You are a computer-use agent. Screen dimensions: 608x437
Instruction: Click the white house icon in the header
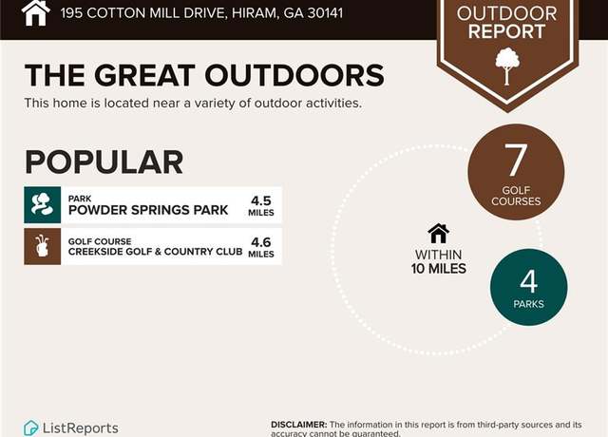pos(36,12)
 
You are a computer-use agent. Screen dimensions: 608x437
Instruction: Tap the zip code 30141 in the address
pos(325,13)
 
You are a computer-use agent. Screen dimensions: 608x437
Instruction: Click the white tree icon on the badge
pos(507,66)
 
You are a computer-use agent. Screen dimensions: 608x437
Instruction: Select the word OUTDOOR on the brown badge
pos(506,13)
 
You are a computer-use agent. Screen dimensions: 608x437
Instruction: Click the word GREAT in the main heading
pos(144,75)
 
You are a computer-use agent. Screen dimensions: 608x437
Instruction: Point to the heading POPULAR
pos(104,162)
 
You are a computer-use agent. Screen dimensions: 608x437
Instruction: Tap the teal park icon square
pos(42,205)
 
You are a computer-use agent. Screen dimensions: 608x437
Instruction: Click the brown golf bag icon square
pos(42,246)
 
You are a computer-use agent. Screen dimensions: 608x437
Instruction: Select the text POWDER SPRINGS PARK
pos(148,210)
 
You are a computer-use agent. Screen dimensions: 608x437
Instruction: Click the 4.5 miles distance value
pos(261,205)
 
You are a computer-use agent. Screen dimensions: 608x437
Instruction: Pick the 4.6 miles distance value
pos(261,247)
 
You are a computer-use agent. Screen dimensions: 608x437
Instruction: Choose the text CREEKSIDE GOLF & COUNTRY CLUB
pos(156,252)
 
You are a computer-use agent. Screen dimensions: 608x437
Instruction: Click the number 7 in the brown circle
pos(516,160)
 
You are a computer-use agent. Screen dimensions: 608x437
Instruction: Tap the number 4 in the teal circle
pos(529,281)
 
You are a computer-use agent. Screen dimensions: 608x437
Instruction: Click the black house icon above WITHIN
pos(438,234)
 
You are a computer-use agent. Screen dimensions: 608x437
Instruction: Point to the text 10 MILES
pos(439,268)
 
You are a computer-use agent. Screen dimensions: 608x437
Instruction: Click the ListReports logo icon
pos(31,428)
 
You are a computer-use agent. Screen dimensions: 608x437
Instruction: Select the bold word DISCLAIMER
pos(298,425)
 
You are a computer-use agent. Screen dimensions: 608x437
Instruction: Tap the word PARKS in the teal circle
pos(528,304)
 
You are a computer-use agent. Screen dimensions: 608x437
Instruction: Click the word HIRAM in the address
pos(255,13)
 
